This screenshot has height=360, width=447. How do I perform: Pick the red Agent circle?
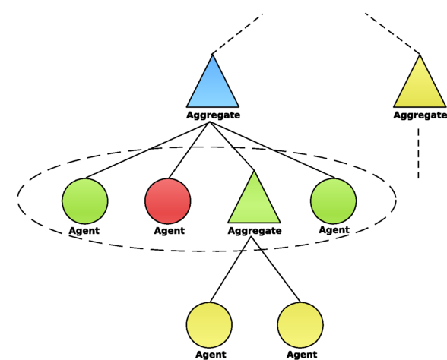(168, 201)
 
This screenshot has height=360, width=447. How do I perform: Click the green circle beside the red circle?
(85, 201)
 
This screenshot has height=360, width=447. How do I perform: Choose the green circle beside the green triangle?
(333, 201)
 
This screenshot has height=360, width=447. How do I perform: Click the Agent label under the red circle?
(170, 230)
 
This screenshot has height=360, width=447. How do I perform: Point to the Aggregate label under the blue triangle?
(213, 115)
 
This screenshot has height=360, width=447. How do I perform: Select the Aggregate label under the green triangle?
(255, 231)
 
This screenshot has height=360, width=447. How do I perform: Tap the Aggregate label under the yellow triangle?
(420, 115)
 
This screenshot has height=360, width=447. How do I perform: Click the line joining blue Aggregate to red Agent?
(189, 150)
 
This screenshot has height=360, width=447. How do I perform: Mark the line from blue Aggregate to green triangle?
(231, 146)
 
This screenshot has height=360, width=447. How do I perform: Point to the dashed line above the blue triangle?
(237, 33)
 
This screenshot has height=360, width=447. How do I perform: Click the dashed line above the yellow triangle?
(392, 33)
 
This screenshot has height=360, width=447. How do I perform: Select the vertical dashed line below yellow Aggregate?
(418, 153)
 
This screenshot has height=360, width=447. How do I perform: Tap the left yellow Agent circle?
(209, 325)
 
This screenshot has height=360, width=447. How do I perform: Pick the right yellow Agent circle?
(300, 325)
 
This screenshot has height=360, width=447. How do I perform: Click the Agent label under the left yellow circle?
(211, 355)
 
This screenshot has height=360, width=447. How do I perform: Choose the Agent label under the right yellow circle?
(302, 355)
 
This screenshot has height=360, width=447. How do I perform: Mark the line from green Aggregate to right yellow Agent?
(276, 270)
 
